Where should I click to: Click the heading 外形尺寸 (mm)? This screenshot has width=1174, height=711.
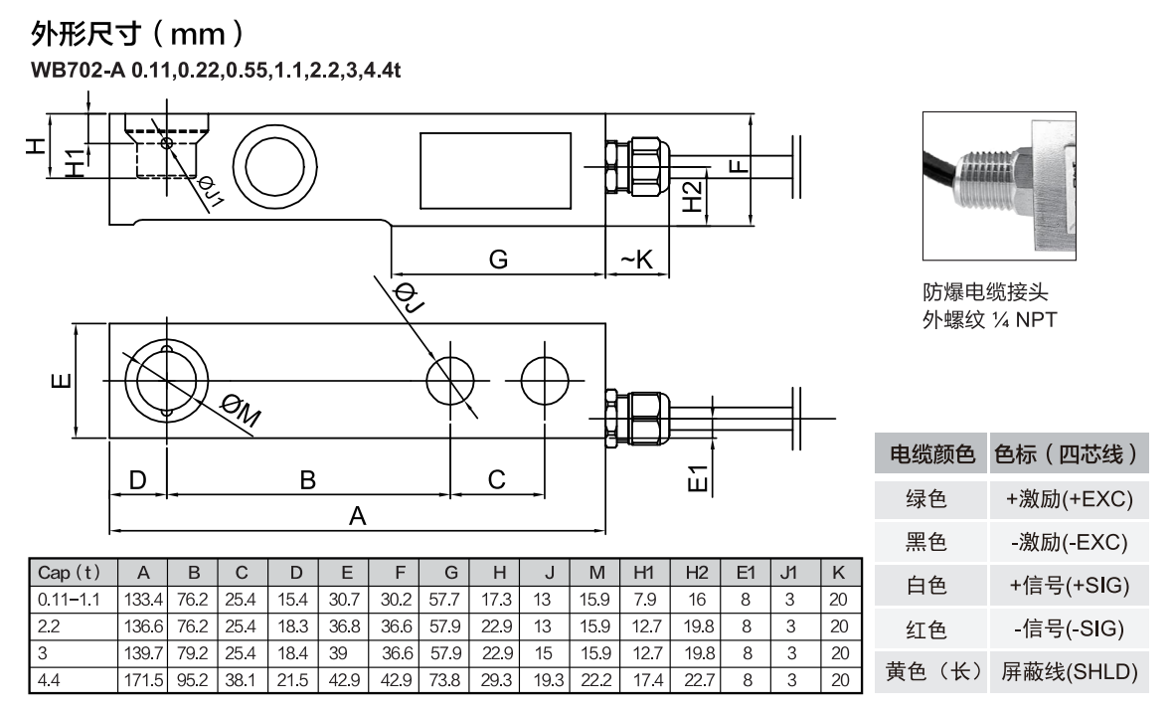138,34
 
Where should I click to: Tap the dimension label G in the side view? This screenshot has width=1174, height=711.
498,260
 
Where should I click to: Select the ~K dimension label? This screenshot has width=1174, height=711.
636,260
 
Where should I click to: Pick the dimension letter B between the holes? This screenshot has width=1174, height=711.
308,480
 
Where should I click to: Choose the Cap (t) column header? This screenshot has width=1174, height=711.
69,573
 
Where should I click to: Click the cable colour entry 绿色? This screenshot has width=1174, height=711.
925,498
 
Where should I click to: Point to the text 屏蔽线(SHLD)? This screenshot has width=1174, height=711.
1069,671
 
